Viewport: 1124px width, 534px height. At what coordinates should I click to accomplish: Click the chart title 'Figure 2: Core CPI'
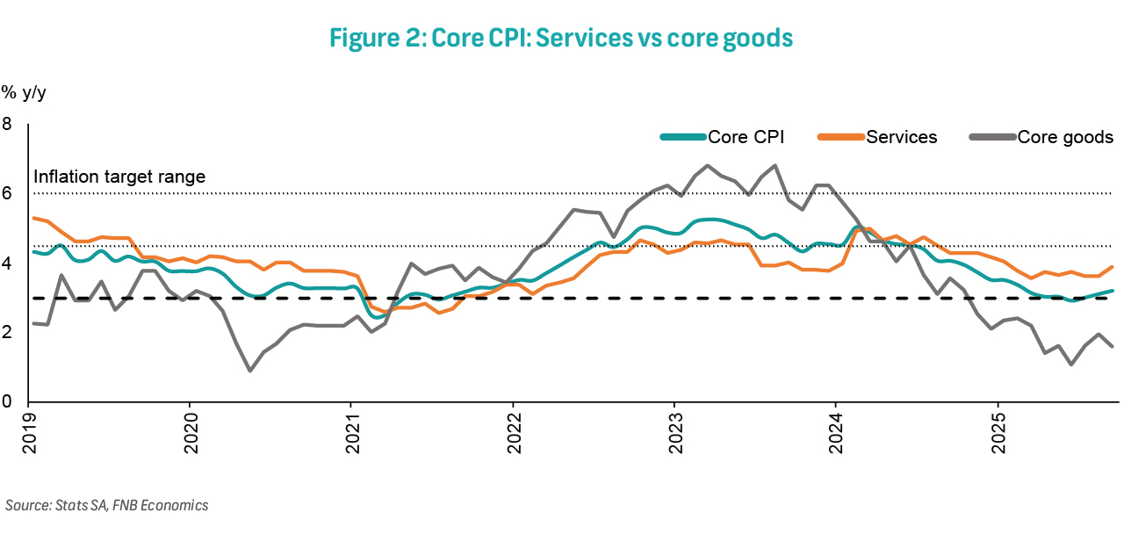[561, 38]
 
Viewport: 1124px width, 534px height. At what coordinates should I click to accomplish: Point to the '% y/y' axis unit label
[23, 91]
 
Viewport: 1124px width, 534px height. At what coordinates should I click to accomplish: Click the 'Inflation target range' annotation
[119, 177]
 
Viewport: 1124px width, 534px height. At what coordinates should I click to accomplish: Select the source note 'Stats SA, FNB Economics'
[106, 505]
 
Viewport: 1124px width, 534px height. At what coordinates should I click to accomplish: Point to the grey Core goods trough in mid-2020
[250, 370]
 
